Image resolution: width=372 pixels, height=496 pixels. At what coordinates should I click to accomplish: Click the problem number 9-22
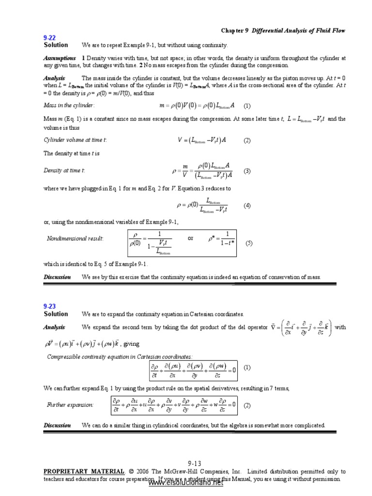pos(50,37)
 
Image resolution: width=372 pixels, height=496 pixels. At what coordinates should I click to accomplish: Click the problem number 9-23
pos(50,306)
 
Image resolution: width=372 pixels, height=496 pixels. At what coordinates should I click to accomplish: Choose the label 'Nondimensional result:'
pos(75,238)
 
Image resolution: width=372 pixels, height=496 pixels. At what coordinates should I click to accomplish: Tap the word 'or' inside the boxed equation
pos(190,238)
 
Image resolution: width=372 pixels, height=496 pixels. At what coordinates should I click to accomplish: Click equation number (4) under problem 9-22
pos(247,205)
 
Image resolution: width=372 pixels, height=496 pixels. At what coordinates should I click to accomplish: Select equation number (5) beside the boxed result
pos(248,243)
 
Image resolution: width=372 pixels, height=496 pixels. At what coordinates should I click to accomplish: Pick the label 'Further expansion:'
pos(70,404)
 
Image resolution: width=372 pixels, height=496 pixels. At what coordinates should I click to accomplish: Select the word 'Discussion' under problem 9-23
pos(57,425)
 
